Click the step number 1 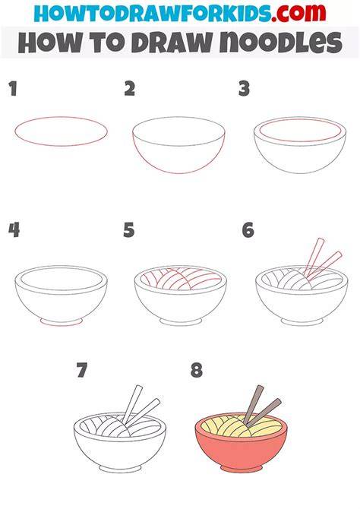[x=13, y=89]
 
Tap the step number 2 [x=130, y=89]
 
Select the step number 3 [x=244, y=89]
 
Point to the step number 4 [x=14, y=230]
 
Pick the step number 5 [x=129, y=230]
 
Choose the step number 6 [x=248, y=230]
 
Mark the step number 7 [x=82, y=370]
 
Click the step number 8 [x=197, y=370]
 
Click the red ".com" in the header [x=298, y=13]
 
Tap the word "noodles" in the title [x=281, y=43]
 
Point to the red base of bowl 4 [x=61, y=322]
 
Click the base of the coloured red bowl [x=242, y=469]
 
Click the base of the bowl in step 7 [x=120, y=469]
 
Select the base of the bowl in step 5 [x=181, y=321]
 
